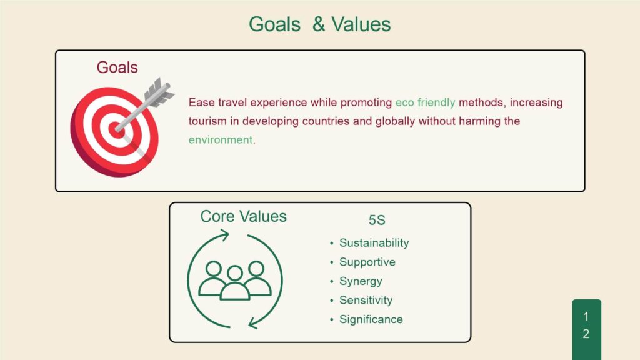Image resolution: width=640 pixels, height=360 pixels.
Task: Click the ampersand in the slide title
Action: click(x=318, y=24)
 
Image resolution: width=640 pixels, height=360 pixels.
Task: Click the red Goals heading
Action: click(x=117, y=67)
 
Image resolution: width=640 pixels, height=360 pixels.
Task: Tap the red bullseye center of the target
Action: click(x=116, y=130)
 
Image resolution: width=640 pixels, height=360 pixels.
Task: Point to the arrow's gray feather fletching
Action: click(x=159, y=92)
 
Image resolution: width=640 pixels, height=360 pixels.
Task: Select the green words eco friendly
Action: click(x=425, y=102)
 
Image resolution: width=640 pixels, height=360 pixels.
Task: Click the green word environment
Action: click(x=221, y=140)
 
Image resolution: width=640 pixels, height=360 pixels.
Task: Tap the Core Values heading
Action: click(x=243, y=216)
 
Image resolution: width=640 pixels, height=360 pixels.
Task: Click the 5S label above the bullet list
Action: click(x=377, y=220)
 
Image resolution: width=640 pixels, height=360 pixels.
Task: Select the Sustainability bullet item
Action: click(x=374, y=243)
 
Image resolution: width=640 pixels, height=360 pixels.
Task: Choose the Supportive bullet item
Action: click(x=367, y=262)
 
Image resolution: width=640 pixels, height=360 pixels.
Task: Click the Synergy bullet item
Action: click(x=361, y=281)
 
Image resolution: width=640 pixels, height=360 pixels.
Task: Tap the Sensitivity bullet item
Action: click(x=366, y=301)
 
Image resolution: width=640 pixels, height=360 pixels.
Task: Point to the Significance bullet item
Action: click(x=371, y=319)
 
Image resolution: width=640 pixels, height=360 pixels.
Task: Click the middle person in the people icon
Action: click(x=235, y=284)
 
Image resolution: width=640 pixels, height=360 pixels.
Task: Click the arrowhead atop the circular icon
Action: click(x=224, y=235)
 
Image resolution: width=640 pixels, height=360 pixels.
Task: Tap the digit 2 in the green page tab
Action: click(x=586, y=334)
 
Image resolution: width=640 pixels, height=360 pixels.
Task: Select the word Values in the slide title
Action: click(x=361, y=24)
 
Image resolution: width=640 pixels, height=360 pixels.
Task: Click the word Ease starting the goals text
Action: click(x=202, y=102)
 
